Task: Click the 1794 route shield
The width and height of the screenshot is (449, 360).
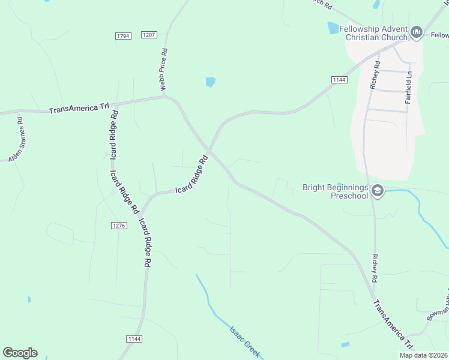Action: tap(123, 37)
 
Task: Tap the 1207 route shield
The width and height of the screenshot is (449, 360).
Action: tap(149, 35)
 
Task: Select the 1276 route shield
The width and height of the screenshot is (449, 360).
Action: tap(119, 225)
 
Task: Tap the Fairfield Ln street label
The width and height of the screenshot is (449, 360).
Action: tap(409, 89)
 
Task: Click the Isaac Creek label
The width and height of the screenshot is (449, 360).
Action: tap(245, 342)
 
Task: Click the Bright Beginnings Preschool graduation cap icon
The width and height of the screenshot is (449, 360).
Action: tap(378, 191)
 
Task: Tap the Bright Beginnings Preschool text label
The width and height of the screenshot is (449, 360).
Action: tap(335, 191)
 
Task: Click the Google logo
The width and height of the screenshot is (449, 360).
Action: tap(20, 353)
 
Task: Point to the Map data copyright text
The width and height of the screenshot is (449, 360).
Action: tap(424, 355)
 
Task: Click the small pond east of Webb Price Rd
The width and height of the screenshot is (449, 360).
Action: tap(210, 82)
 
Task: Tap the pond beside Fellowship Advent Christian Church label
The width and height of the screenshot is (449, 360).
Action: tap(333, 28)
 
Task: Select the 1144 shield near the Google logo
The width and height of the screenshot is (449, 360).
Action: tap(134, 339)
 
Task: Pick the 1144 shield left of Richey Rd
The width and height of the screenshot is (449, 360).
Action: tap(339, 80)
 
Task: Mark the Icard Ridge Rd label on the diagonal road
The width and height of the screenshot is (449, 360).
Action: tap(191, 175)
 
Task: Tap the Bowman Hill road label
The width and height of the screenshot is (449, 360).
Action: tap(439, 307)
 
